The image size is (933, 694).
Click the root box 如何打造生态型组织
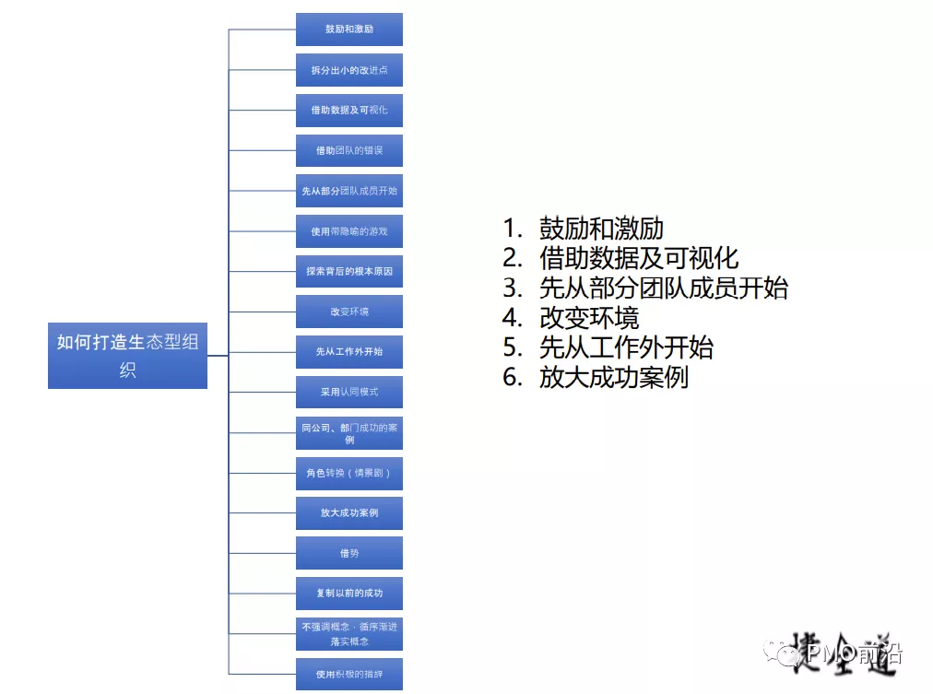point(127,356)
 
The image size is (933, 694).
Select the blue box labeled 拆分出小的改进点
point(349,69)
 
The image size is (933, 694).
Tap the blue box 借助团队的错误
point(349,150)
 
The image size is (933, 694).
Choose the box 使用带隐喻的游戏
point(349,231)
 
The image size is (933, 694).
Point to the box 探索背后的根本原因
point(349,271)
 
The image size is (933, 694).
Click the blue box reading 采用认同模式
point(349,392)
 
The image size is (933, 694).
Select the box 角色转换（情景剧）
point(349,473)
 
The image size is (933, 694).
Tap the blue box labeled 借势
point(349,553)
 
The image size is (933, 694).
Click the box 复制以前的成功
point(349,593)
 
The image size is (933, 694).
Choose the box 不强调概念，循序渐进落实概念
point(349,633)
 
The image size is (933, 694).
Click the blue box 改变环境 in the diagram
point(349,312)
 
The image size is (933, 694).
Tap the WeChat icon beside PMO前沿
point(788,654)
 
